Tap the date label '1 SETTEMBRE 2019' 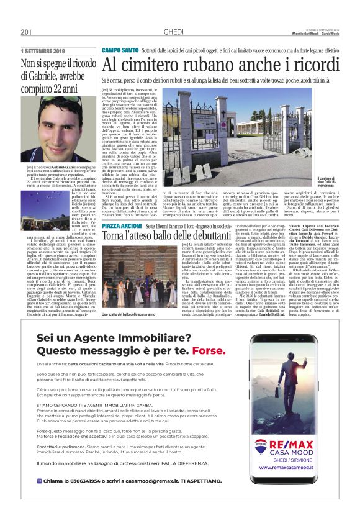[43, 51]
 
